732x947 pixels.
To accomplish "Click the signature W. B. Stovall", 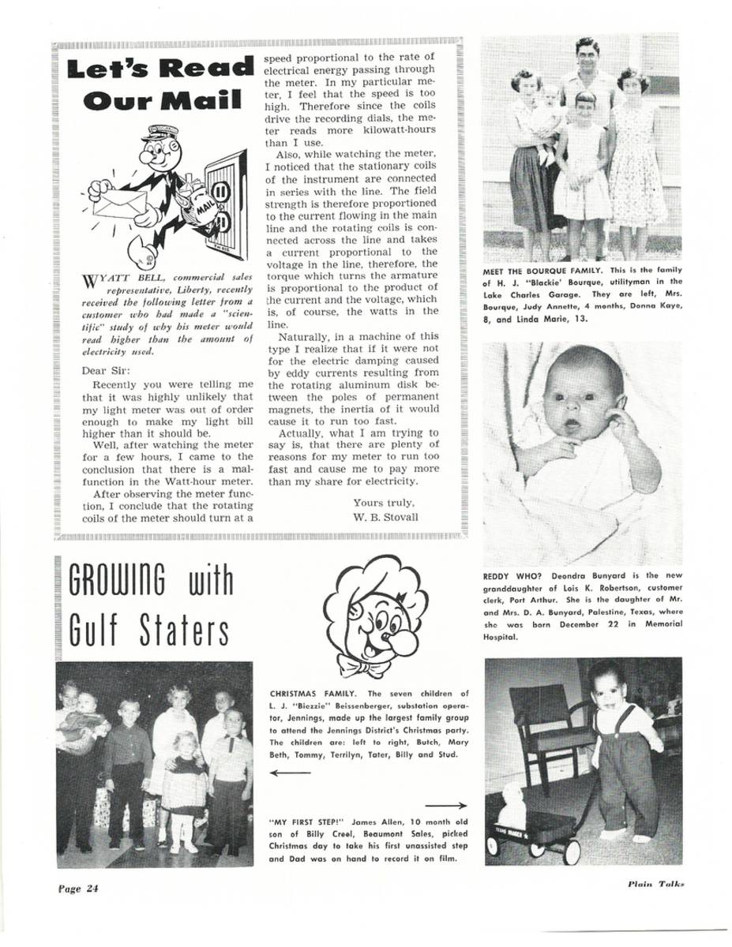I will (x=386, y=517).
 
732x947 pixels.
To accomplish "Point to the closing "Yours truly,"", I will (x=384, y=503).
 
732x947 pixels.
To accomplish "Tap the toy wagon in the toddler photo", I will (x=533, y=833).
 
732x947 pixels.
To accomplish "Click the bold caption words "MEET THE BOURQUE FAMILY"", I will (x=539, y=272).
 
